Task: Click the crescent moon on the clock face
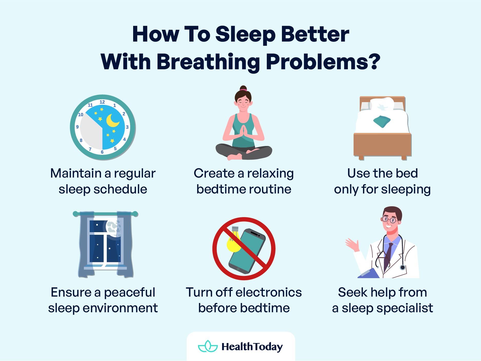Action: click(112, 121)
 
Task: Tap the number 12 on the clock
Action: click(102, 102)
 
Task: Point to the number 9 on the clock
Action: click(77, 127)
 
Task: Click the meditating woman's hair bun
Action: click(243, 89)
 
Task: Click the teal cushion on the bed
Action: click(382, 121)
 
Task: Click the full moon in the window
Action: click(113, 227)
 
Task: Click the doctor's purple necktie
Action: click(388, 257)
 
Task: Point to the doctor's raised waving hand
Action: click(352, 244)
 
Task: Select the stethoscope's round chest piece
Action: click(403, 268)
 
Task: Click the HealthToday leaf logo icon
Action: click(208, 346)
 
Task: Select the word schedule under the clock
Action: click(120, 189)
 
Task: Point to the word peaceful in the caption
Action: click(130, 293)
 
